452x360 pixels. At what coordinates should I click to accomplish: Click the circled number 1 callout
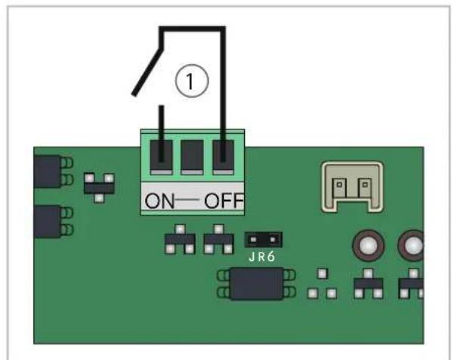click(191, 81)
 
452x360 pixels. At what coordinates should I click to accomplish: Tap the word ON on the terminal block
click(159, 200)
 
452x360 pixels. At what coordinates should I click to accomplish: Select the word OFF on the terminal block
click(224, 200)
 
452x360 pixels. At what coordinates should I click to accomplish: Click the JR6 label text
click(262, 256)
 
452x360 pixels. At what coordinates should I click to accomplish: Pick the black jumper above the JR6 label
click(263, 240)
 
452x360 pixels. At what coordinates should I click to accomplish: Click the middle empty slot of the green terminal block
click(192, 157)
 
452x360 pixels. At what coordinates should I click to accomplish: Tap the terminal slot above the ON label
click(162, 157)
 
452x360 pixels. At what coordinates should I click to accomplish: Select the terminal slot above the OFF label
click(223, 157)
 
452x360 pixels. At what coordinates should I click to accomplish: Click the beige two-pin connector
click(352, 187)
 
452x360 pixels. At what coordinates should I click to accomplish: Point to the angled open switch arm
click(147, 72)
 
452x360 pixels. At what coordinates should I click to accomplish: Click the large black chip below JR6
click(256, 284)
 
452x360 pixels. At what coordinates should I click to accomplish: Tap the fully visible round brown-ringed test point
click(368, 246)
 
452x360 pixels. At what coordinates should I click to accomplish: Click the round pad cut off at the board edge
click(410, 246)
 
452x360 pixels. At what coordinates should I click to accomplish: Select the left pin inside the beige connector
click(339, 188)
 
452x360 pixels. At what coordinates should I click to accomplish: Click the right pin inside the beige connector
click(364, 188)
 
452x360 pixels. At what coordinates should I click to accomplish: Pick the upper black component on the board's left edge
click(47, 172)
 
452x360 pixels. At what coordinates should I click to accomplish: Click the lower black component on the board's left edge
click(47, 222)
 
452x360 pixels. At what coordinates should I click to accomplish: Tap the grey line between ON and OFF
click(190, 200)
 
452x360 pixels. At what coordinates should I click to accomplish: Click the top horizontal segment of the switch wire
click(192, 29)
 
